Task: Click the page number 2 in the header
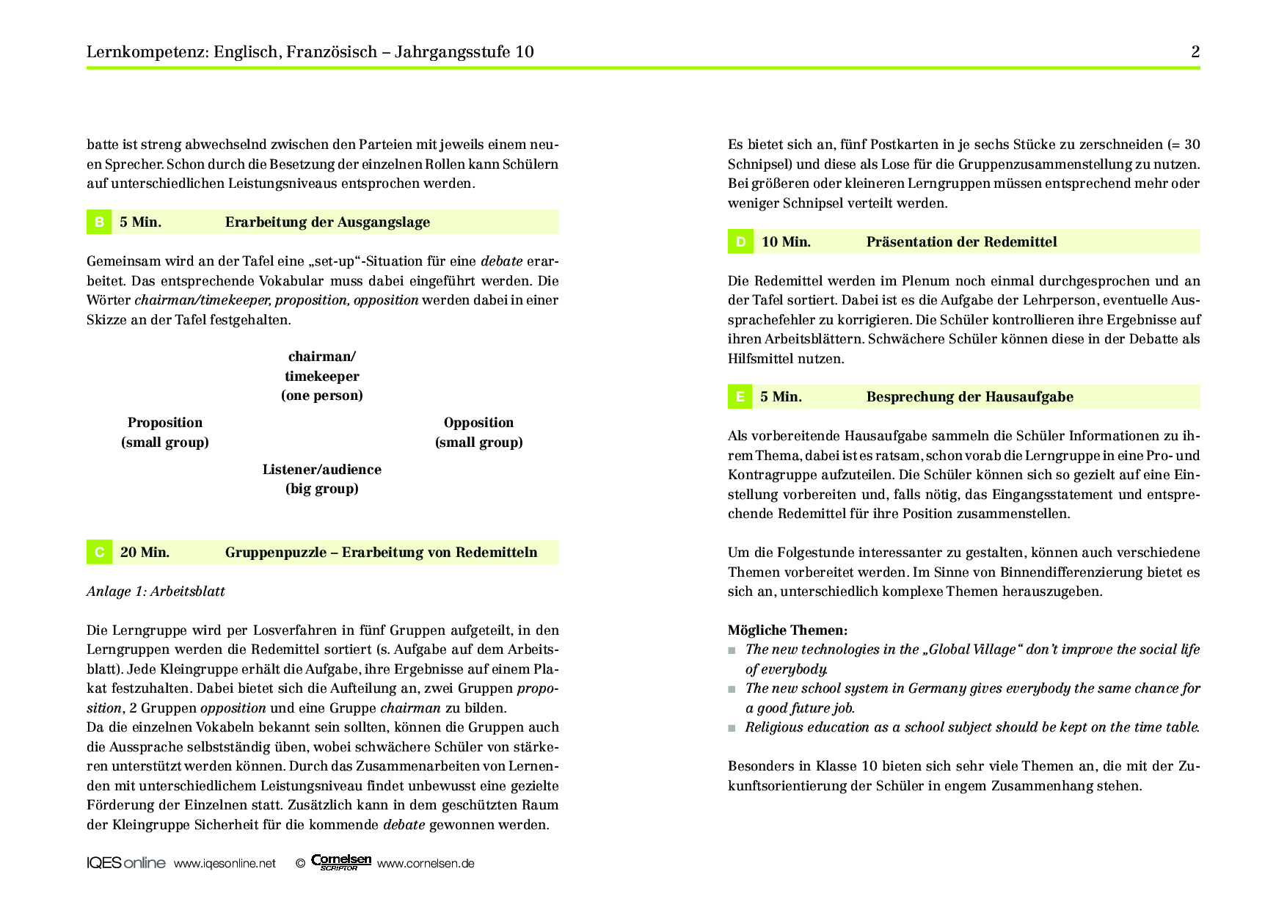point(1195,51)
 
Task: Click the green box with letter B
point(99,222)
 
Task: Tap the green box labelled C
point(99,552)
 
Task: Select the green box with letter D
point(740,241)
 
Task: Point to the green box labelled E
point(740,396)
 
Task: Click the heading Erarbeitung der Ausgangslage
point(327,222)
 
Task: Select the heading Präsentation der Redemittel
point(961,241)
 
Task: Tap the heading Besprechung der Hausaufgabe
point(969,396)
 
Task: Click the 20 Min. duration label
point(145,552)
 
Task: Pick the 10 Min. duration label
point(786,241)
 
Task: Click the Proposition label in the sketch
point(165,422)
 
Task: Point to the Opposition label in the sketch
point(478,422)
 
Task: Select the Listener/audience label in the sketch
point(322,469)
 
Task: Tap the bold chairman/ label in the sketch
point(322,357)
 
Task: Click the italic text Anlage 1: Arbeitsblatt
point(156,591)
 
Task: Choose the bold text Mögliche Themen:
point(787,630)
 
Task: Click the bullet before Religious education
point(732,728)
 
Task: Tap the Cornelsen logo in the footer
point(341,862)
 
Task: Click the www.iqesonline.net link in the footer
point(225,863)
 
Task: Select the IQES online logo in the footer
point(125,863)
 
